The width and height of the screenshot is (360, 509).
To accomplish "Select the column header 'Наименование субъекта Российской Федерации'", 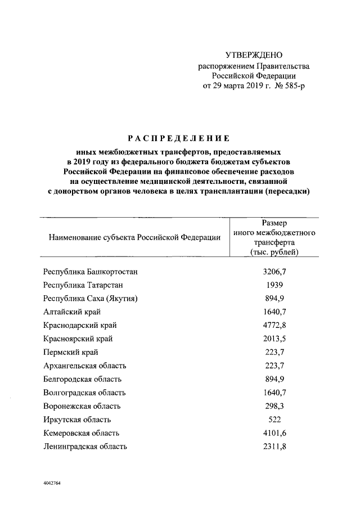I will tap(134, 238).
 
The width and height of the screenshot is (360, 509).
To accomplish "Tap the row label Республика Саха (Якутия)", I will tap(90, 298).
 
